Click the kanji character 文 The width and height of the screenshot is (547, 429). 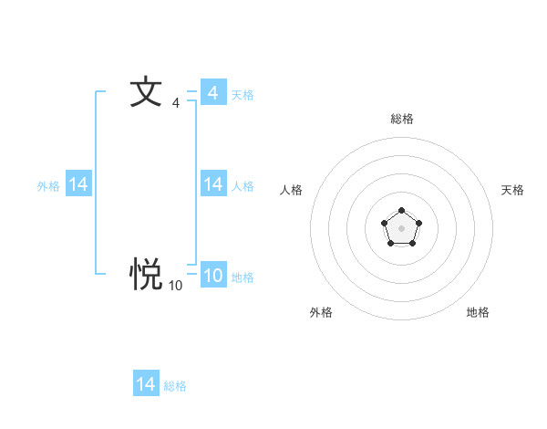point(146,93)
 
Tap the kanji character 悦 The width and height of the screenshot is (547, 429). point(146,272)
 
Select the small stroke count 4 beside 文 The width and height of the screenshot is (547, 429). point(176,103)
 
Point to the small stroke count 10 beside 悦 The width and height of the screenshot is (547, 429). point(175,286)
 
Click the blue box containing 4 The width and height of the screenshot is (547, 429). point(213,92)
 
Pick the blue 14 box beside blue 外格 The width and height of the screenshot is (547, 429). point(78,185)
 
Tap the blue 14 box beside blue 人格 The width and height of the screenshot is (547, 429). point(213,185)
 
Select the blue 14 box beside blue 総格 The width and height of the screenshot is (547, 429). point(146,384)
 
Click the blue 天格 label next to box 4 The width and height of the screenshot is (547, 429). point(243,94)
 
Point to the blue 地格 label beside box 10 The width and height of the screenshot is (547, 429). point(243,277)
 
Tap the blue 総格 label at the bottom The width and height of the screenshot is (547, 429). point(175,386)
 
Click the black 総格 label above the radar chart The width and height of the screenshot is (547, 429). point(402,119)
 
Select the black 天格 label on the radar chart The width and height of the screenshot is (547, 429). point(512,190)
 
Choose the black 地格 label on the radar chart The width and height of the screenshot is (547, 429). point(478,312)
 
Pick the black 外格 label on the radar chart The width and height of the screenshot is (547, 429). point(321,312)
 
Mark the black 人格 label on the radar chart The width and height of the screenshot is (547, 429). point(292,190)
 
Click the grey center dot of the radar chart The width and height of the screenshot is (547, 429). point(401,227)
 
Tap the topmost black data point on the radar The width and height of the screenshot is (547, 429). point(401,211)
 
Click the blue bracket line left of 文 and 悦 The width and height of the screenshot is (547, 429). point(97,183)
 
